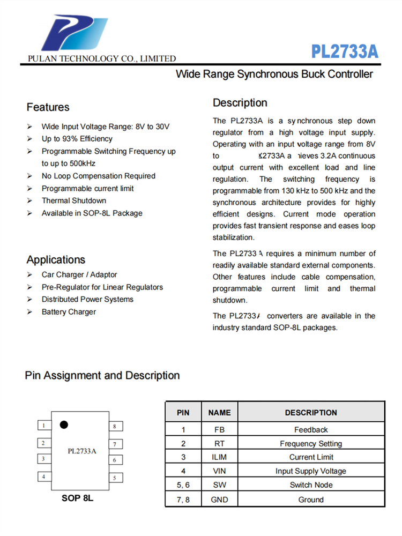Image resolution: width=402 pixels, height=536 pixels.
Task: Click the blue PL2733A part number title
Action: click(x=345, y=52)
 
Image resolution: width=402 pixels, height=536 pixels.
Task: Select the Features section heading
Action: click(x=48, y=107)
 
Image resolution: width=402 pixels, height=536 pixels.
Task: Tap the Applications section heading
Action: click(x=56, y=260)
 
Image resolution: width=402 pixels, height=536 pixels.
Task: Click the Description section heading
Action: click(x=240, y=103)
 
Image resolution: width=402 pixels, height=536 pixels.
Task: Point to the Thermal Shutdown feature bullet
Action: click(x=74, y=200)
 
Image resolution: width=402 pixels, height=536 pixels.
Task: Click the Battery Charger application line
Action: click(x=69, y=312)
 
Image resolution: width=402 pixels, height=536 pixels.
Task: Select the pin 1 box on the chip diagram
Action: click(x=43, y=426)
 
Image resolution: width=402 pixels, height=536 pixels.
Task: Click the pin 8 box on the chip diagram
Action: click(x=115, y=426)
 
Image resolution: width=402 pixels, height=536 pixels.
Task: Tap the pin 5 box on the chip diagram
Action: click(x=115, y=477)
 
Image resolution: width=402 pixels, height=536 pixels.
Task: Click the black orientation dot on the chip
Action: click(x=64, y=425)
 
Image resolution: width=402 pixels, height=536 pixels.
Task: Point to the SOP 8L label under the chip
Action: click(x=77, y=498)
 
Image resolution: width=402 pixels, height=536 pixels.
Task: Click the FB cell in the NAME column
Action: click(x=219, y=429)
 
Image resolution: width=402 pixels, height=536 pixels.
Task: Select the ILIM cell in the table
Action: click(x=219, y=457)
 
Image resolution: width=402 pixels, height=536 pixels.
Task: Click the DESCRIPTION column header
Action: click(x=311, y=413)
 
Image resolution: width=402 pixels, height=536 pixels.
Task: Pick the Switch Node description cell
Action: click(x=311, y=485)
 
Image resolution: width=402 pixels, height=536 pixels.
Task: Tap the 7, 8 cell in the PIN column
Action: click(x=183, y=500)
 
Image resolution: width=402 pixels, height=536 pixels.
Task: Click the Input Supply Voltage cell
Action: click(x=311, y=471)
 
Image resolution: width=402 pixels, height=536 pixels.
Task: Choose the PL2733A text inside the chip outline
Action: click(x=82, y=451)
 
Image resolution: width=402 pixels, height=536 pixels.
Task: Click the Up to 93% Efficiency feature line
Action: click(x=77, y=139)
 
